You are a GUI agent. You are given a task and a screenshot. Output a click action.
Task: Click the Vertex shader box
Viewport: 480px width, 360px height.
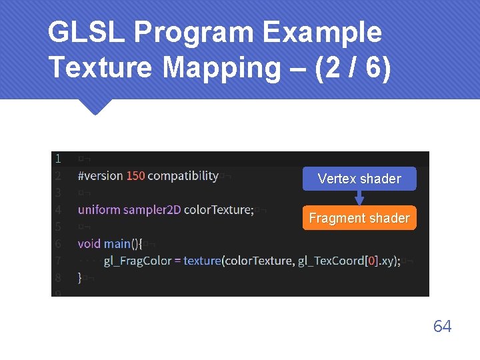click(x=359, y=179)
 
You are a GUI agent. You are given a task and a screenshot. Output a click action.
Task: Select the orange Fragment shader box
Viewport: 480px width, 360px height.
click(x=359, y=218)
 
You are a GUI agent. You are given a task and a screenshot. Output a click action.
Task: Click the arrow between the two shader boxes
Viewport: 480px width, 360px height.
click(x=359, y=198)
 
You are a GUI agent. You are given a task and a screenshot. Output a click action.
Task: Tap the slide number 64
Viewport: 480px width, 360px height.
click(x=442, y=326)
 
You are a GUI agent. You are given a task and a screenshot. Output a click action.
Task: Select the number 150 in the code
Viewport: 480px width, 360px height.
click(x=135, y=176)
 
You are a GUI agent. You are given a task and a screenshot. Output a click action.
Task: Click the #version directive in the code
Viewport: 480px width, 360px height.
click(x=100, y=176)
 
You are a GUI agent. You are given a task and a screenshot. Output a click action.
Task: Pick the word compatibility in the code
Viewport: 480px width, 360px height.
click(x=183, y=176)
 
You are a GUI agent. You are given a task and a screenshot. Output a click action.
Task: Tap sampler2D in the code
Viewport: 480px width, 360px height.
click(x=152, y=210)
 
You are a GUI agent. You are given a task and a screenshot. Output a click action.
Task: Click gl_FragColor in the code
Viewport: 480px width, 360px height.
click(x=137, y=261)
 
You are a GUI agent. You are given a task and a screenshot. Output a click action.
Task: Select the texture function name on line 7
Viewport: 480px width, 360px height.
click(x=202, y=261)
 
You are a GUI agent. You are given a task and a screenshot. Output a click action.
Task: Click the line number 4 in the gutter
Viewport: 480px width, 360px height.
click(x=59, y=210)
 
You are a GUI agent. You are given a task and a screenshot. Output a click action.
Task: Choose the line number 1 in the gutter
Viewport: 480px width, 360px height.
click(x=59, y=159)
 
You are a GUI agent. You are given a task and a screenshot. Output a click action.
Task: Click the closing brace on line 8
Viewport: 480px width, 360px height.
click(x=80, y=277)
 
